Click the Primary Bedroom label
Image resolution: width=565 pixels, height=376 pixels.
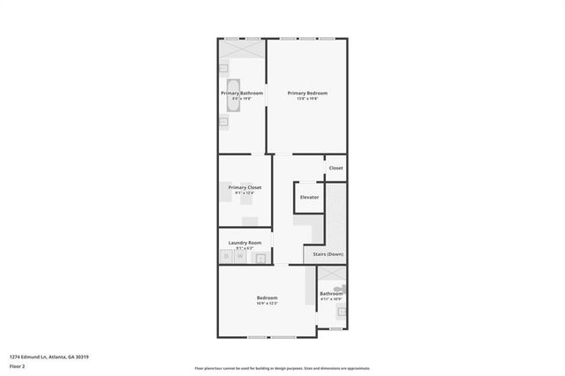307,93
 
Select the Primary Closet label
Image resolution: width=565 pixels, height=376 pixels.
245,187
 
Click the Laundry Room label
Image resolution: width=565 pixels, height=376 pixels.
245,243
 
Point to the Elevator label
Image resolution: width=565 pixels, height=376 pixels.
309,197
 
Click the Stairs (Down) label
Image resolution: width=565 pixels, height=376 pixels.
328,255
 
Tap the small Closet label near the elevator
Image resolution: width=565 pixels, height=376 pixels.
335,168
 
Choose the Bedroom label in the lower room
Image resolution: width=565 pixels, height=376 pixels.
267,297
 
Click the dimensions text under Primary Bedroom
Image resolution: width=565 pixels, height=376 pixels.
307,98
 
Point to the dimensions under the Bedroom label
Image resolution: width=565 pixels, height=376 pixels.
267,303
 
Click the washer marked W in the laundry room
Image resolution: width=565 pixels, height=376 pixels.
238,257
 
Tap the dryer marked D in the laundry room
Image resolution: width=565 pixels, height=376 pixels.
227,257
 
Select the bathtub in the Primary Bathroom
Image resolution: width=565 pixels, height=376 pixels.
224,93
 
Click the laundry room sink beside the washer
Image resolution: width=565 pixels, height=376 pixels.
261,258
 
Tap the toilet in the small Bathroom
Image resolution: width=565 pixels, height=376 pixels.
343,288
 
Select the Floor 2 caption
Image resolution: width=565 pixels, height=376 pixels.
17,365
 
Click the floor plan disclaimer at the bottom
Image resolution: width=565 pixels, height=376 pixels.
282,368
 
